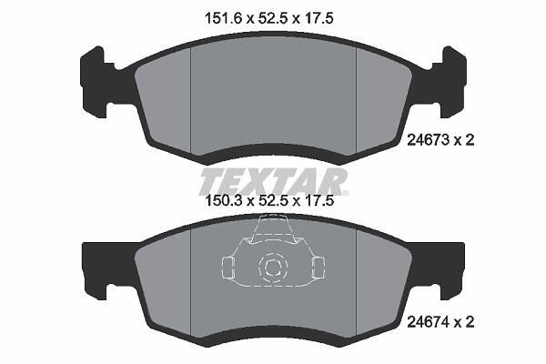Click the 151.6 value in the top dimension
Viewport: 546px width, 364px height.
[x=223, y=18]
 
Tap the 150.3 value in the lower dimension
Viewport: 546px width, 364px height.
[x=224, y=200]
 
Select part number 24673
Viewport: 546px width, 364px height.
[x=428, y=140]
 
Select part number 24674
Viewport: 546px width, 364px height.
[x=428, y=322]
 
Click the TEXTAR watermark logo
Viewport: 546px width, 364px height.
[x=273, y=182]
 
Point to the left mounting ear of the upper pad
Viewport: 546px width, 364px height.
[x=93, y=82]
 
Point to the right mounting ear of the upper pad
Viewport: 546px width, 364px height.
[x=454, y=82]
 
